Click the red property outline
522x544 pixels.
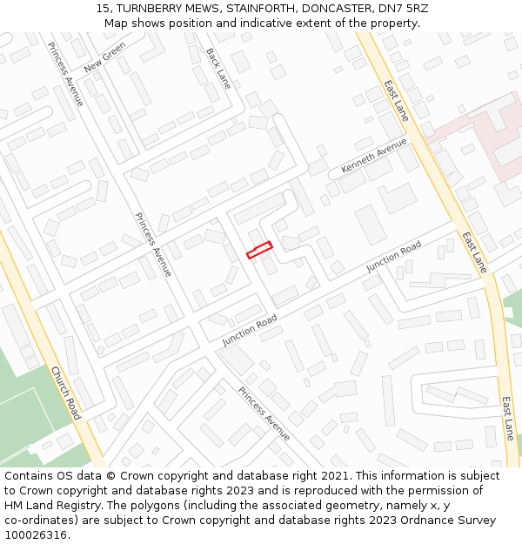[x=259, y=250]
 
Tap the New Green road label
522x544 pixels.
[x=105, y=58]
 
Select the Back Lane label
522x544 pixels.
[x=218, y=68]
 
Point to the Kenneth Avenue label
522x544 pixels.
[x=374, y=154]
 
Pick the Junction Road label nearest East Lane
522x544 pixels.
[x=393, y=256]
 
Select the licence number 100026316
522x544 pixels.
[x=36, y=535]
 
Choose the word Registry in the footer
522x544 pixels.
[x=90, y=506]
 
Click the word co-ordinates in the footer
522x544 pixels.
[x=42, y=520]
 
